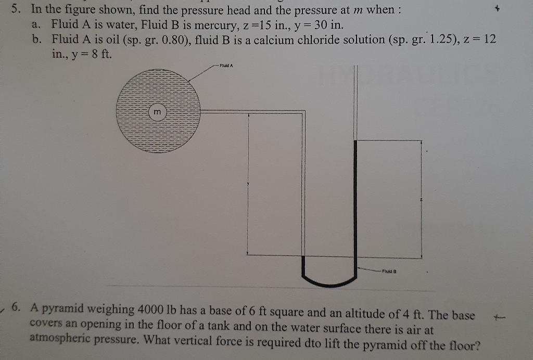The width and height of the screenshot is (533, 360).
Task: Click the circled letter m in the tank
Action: pyautogui.click(x=158, y=112)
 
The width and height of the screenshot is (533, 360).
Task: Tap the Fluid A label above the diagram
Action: pyautogui.click(x=226, y=66)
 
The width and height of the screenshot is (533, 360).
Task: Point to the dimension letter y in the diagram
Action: pyautogui.click(x=249, y=184)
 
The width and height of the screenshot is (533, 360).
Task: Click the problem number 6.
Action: pyautogui.click(x=17, y=308)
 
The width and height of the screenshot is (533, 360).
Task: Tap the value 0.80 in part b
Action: pyautogui.click(x=169, y=40)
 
